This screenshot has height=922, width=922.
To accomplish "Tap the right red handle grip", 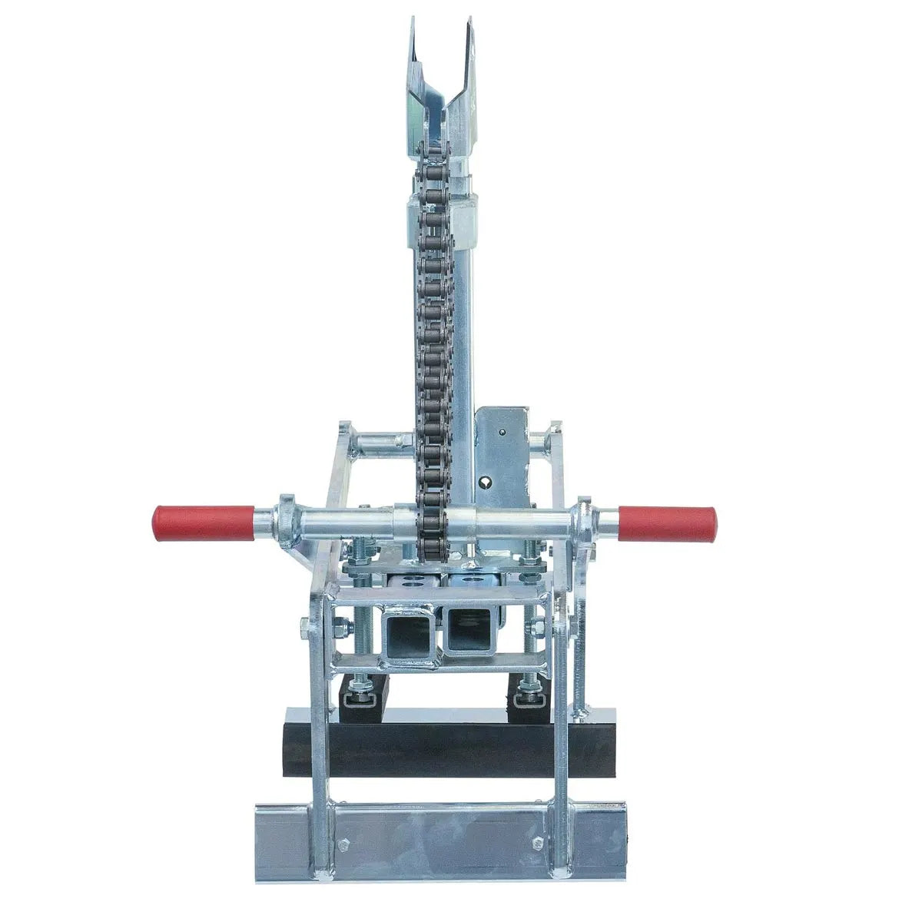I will pos(666,522).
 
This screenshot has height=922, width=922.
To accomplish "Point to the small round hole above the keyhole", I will pos(500,432).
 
